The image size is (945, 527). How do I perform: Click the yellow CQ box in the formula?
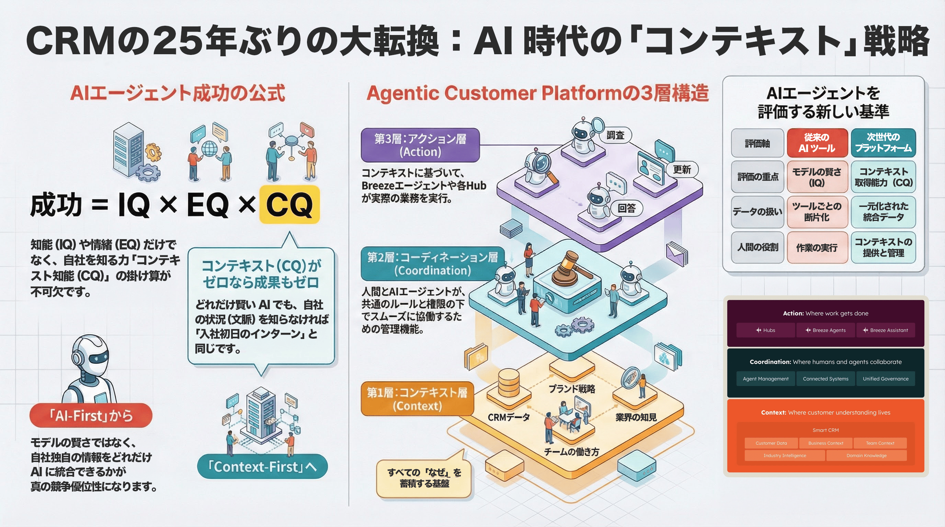pos(289,204)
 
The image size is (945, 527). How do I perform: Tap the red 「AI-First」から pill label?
pos(91,415)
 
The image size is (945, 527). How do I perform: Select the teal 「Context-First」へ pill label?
pos(262,467)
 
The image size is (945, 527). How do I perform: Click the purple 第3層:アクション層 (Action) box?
pos(420,145)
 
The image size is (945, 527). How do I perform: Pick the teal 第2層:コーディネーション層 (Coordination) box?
pos(433,264)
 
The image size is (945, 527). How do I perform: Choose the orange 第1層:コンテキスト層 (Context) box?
pos(417,399)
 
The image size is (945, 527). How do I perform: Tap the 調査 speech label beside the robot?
pos(615,135)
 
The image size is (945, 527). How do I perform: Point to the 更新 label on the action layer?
pos(682,169)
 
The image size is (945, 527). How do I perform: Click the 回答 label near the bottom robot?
pos(626,208)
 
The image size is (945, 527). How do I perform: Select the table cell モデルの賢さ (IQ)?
pos(817,177)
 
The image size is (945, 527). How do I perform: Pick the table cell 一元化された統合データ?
pos(883,212)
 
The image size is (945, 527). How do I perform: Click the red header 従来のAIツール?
pos(817,143)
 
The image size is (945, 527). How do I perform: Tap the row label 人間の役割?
pos(758,247)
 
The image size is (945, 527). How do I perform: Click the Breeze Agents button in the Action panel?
pos(826,330)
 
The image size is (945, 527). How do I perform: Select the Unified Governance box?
pos(885,378)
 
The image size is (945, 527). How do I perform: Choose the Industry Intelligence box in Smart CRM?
pos(785,456)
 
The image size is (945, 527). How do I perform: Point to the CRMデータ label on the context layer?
pos(509,418)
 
